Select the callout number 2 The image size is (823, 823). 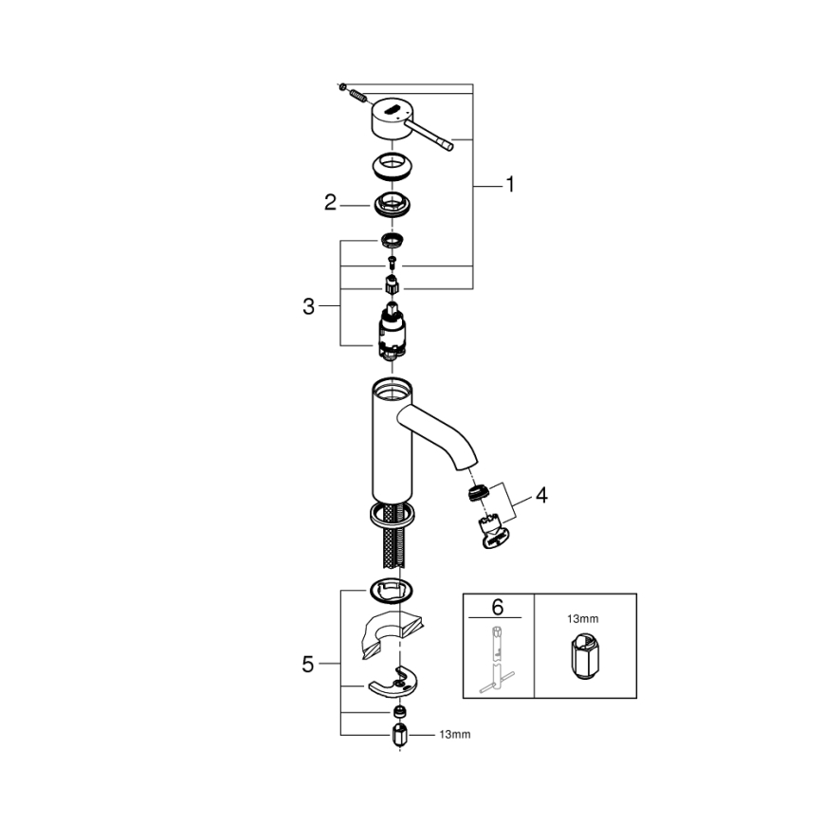pyautogui.click(x=330, y=202)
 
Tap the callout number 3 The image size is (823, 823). pyautogui.click(x=307, y=306)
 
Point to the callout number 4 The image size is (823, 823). pyautogui.click(x=540, y=495)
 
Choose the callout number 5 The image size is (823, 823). pyautogui.click(x=307, y=664)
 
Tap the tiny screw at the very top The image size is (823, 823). pyautogui.click(x=341, y=87)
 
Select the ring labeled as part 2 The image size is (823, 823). pyautogui.click(x=390, y=203)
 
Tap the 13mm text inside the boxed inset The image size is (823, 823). pyautogui.click(x=583, y=618)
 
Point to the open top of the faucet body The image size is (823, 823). pyautogui.click(x=391, y=387)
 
